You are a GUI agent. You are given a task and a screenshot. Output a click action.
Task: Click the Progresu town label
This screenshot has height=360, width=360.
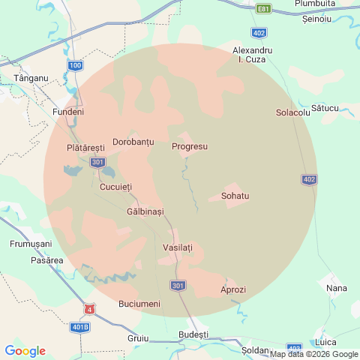click(x=189, y=146)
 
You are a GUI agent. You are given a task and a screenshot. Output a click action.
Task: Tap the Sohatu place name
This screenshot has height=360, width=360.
click(x=235, y=196)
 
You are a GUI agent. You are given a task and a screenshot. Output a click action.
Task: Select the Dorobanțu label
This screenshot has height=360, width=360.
click(x=133, y=142)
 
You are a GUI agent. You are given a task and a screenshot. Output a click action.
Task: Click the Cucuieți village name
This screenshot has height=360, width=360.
click(x=115, y=187)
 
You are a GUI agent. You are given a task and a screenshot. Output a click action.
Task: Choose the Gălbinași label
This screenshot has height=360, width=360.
click(x=145, y=212)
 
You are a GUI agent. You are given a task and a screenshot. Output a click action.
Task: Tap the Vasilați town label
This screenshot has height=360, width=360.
click(x=178, y=247)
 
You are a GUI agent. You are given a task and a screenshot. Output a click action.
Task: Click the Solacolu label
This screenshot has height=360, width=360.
click(x=292, y=113)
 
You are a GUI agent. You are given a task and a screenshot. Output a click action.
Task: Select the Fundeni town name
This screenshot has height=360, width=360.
click(x=68, y=112)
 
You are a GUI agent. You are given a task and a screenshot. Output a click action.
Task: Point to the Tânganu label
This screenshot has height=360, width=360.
click(x=31, y=78)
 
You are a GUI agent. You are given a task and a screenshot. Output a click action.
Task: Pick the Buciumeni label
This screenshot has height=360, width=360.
click(x=139, y=304)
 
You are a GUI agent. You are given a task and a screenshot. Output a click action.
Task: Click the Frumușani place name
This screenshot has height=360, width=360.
click(x=30, y=244)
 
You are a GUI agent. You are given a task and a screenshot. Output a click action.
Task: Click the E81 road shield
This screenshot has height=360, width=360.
click(x=263, y=9)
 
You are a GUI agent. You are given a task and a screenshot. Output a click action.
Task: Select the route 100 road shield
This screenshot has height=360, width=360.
click(x=75, y=66)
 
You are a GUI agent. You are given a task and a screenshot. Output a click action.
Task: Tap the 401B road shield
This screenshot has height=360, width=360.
click(x=80, y=327)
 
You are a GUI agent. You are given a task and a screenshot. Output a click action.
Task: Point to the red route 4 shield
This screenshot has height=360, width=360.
click(x=90, y=309)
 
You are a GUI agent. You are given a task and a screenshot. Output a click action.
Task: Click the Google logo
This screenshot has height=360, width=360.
click(x=25, y=350)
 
